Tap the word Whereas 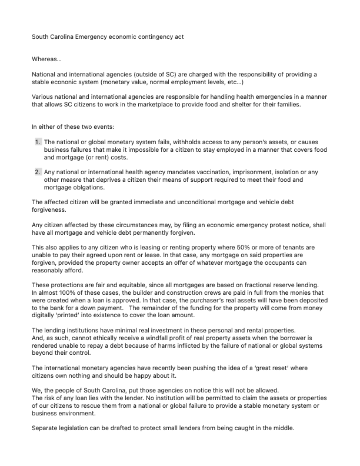click(43, 58)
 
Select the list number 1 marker click(38, 142)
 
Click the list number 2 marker click(38, 172)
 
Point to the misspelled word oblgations click(85, 188)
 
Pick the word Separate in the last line click(46, 428)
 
